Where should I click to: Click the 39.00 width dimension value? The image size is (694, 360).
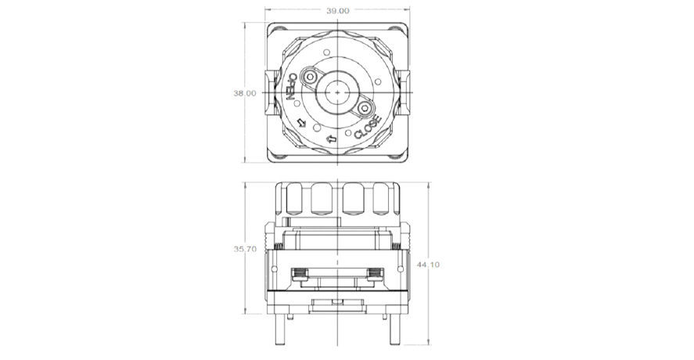[x=337, y=11]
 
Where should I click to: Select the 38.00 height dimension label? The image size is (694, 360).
[x=245, y=93]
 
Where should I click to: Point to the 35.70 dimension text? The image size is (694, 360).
[x=245, y=249]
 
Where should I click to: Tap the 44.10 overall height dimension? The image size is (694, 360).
[x=429, y=265]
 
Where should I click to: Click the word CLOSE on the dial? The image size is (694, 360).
[x=367, y=128]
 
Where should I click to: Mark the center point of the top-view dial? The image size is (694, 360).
[x=337, y=92]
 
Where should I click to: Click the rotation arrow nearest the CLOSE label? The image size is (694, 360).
[x=331, y=140]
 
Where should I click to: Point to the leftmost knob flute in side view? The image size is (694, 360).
[x=293, y=201]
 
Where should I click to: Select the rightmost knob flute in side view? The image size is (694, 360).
[x=382, y=201]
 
